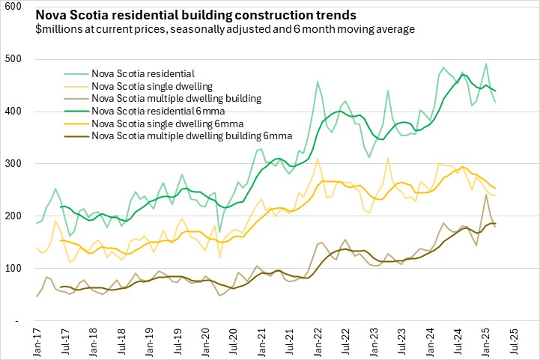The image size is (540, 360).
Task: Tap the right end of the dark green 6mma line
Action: tap(495, 91)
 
